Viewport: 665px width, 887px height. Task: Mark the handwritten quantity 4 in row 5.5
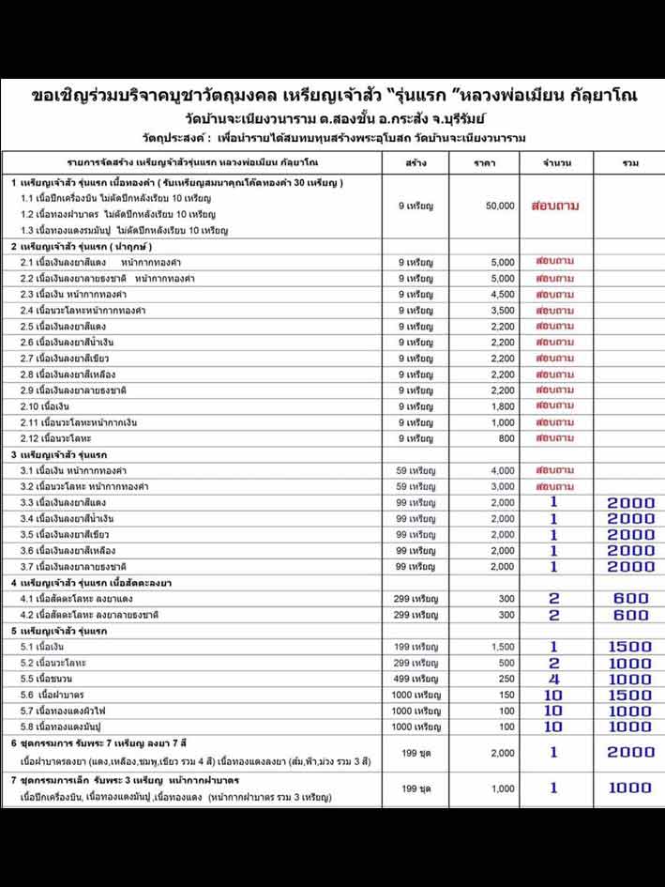pyautogui.click(x=554, y=679)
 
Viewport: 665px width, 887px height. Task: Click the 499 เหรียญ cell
pyautogui.click(x=416, y=679)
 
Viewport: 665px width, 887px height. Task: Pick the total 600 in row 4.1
pyautogui.click(x=629, y=599)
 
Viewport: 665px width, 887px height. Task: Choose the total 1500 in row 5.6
pyautogui.click(x=629, y=695)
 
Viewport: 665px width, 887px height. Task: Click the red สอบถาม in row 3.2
pyautogui.click(x=554, y=486)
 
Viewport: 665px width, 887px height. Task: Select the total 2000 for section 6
pyautogui.click(x=629, y=753)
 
